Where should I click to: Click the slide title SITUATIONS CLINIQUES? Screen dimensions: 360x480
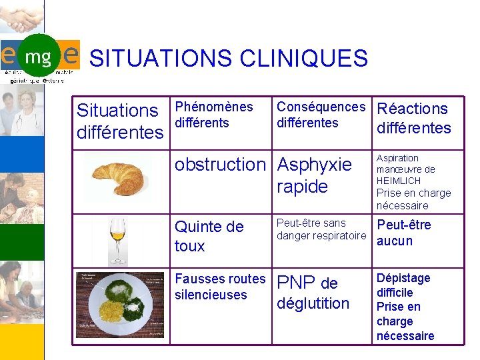coord(229,58)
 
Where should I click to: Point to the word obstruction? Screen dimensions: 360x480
coord(220,165)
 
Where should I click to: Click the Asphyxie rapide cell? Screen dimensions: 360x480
coord(314,175)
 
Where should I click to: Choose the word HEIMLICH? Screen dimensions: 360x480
coord(399,181)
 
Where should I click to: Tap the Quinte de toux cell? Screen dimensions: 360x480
coord(209,237)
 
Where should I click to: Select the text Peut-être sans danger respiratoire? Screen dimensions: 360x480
coord(321,229)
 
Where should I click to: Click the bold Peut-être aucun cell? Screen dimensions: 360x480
coord(404,233)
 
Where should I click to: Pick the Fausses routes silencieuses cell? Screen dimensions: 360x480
coord(220,287)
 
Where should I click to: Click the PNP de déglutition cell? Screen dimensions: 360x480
coord(313,293)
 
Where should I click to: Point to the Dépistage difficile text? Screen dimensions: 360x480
coord(403,285)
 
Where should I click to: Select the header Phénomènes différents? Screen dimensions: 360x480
coord(213,115)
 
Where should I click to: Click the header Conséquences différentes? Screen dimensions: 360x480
coord(321,115)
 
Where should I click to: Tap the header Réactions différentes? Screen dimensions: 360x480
coord(413,118)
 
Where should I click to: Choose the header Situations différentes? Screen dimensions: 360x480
coord(120,121)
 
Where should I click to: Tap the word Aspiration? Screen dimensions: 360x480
coord(397,158)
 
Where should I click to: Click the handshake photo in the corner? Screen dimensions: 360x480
coord(22,17)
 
